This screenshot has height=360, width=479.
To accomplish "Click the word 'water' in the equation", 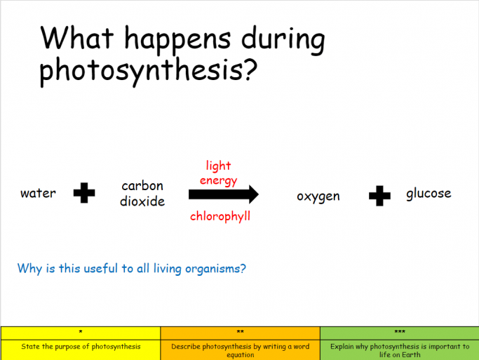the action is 38,194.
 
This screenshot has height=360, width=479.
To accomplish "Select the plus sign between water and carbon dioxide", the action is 84,193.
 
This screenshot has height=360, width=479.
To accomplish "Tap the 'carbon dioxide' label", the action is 142,194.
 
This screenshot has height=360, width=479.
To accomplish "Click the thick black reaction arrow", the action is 224,194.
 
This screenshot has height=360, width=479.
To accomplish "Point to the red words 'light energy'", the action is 218,173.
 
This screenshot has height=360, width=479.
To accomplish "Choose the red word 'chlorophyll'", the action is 220,216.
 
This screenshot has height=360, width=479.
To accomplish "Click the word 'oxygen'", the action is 318,196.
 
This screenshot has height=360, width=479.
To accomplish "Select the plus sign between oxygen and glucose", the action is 379,196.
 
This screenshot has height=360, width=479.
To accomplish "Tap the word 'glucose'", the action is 429,194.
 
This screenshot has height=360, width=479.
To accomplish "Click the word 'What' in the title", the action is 76,38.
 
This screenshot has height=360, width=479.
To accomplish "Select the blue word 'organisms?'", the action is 216,269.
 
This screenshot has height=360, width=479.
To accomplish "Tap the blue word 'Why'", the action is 29,269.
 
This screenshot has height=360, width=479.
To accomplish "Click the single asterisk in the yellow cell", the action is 81,332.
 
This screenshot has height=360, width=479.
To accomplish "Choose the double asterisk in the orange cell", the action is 240,332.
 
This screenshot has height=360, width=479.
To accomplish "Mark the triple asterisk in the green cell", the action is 400,332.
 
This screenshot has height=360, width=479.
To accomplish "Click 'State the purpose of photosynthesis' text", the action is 81,347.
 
